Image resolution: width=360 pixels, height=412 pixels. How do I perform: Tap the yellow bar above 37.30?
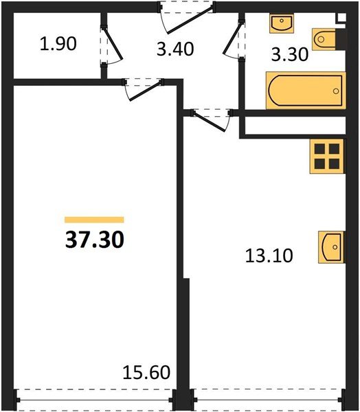94,220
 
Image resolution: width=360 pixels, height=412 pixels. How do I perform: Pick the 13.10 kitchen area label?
269,256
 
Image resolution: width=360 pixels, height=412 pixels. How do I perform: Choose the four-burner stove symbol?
327,156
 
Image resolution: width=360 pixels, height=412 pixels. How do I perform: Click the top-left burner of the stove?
320,149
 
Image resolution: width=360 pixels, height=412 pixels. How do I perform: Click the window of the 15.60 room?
94,398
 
